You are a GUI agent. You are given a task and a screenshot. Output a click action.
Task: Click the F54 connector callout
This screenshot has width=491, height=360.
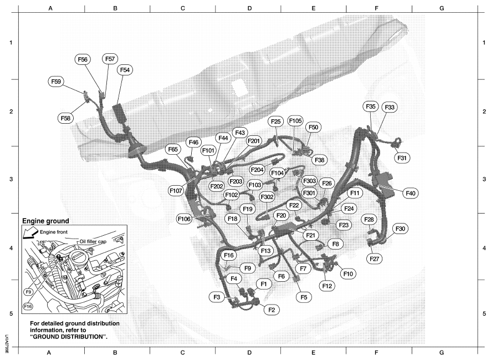(125, 70)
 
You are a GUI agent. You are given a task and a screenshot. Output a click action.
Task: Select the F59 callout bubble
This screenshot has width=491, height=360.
(56, 82)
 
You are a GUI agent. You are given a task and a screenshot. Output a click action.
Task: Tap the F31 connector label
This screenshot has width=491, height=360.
(402, 158)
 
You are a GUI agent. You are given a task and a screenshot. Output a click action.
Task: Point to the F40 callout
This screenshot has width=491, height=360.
(411, 194)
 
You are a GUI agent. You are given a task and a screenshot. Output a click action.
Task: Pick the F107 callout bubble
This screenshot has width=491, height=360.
(176, 190)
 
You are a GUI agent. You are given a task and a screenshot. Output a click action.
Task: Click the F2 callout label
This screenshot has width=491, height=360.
(272, 310)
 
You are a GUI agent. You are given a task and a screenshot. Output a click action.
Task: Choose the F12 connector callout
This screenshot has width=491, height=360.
(327, 286)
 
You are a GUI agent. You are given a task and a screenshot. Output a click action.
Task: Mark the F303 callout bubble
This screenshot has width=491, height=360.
(309, 181)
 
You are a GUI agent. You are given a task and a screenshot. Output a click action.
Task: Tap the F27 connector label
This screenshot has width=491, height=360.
(374, 259)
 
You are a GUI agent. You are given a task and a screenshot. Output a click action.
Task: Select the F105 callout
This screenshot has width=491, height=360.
(295, 120)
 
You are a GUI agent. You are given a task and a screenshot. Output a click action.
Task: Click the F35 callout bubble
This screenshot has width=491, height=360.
(370, 107)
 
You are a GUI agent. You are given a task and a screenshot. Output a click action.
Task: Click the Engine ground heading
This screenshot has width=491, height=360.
(45, 221)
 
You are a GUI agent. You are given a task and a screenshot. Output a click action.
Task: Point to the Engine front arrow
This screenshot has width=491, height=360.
(30, 234)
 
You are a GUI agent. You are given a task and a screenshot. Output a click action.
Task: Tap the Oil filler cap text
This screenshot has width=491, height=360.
(93, 241)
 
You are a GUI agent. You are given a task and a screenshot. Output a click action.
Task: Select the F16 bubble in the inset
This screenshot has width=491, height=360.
(28, 306)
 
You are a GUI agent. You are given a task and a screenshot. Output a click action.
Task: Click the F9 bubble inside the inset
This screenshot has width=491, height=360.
(28, 292)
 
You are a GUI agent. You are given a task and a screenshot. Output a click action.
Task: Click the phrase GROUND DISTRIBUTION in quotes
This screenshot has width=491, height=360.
(67, 337)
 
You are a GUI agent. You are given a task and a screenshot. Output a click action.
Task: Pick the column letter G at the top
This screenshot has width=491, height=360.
(442, 8)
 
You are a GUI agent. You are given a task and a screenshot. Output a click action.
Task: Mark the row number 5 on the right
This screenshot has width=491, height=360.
(484, 313)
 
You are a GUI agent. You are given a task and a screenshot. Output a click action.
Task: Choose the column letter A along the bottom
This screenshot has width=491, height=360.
(49, 353)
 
